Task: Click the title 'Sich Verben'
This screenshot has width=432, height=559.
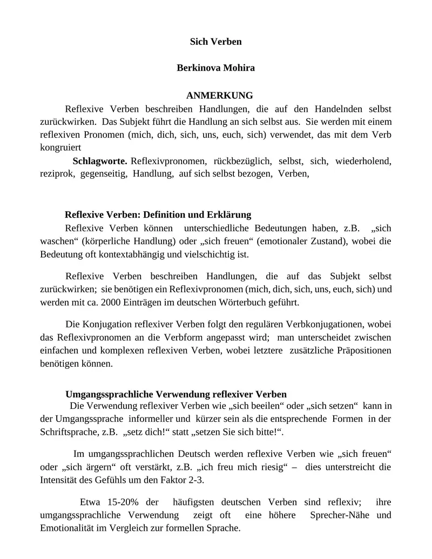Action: tap(215, 42)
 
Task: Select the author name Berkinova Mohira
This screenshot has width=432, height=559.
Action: tap(215, 68)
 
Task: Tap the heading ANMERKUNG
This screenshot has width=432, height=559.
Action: tap(219, 96)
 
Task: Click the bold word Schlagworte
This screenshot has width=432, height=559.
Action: tap(100, 161)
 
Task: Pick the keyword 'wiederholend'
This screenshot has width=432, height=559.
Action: tap(363, 161)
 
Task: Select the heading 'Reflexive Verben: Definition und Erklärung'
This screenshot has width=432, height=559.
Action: tap(158, 214)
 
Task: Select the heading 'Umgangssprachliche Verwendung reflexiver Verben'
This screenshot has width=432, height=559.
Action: tap(176, 394)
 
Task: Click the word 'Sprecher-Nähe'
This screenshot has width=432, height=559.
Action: tap(340, 515)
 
